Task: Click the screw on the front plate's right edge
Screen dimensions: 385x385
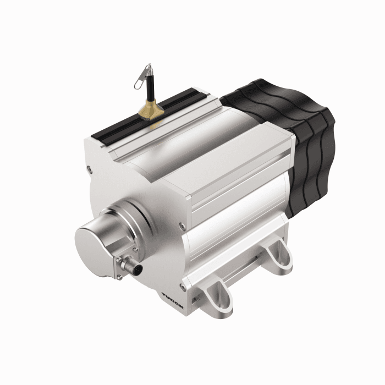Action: pos(181,224)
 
